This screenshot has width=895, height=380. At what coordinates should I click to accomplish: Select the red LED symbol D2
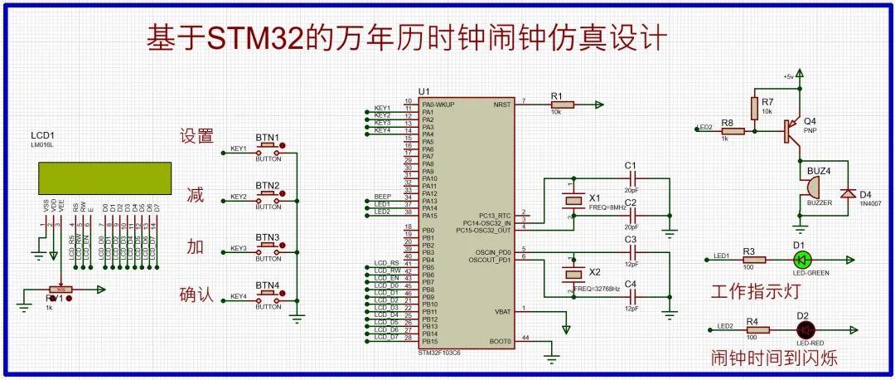coord(802,329)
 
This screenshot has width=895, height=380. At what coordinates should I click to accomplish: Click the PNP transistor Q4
coord(792,129)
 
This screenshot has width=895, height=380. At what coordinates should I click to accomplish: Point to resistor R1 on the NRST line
coord(556,105)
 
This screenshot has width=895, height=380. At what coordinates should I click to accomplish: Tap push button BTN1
coord(268,148)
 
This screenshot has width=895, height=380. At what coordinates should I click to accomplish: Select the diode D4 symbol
coord(847,192)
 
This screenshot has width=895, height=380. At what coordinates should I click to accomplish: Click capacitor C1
coord(632,178)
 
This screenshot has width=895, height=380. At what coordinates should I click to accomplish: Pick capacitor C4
coord(632,296)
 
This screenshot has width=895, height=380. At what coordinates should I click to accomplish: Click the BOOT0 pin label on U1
coord(501,341)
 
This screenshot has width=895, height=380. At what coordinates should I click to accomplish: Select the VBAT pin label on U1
coord(504,311)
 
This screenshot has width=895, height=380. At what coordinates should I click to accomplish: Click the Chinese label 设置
coord(197,137)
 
